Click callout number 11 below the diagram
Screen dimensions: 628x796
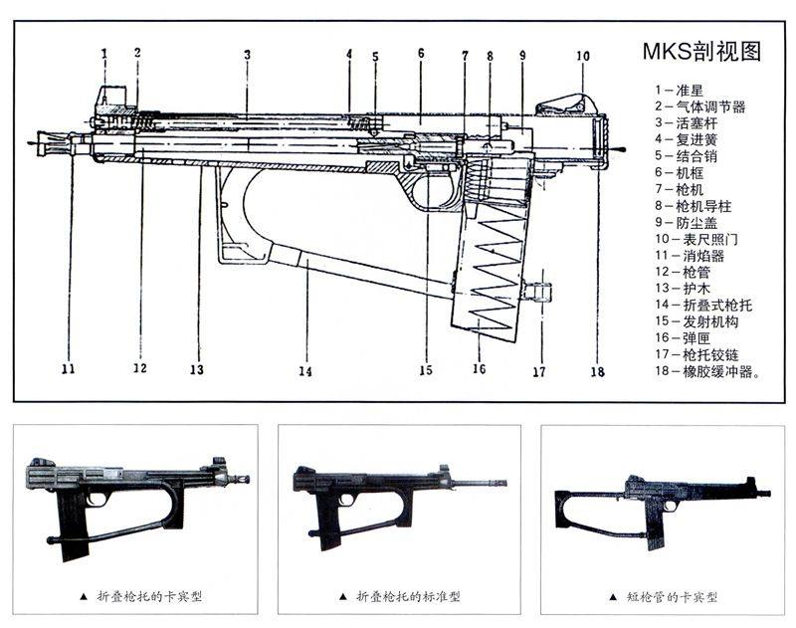click(x=68, y=368)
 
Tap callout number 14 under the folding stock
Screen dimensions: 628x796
click(x=304, y=371)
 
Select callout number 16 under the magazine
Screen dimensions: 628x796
click(x=479, y=369)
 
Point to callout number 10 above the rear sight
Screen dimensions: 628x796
click(x=582, y=57)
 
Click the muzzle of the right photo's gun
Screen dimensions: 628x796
click(x=765, y=492)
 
